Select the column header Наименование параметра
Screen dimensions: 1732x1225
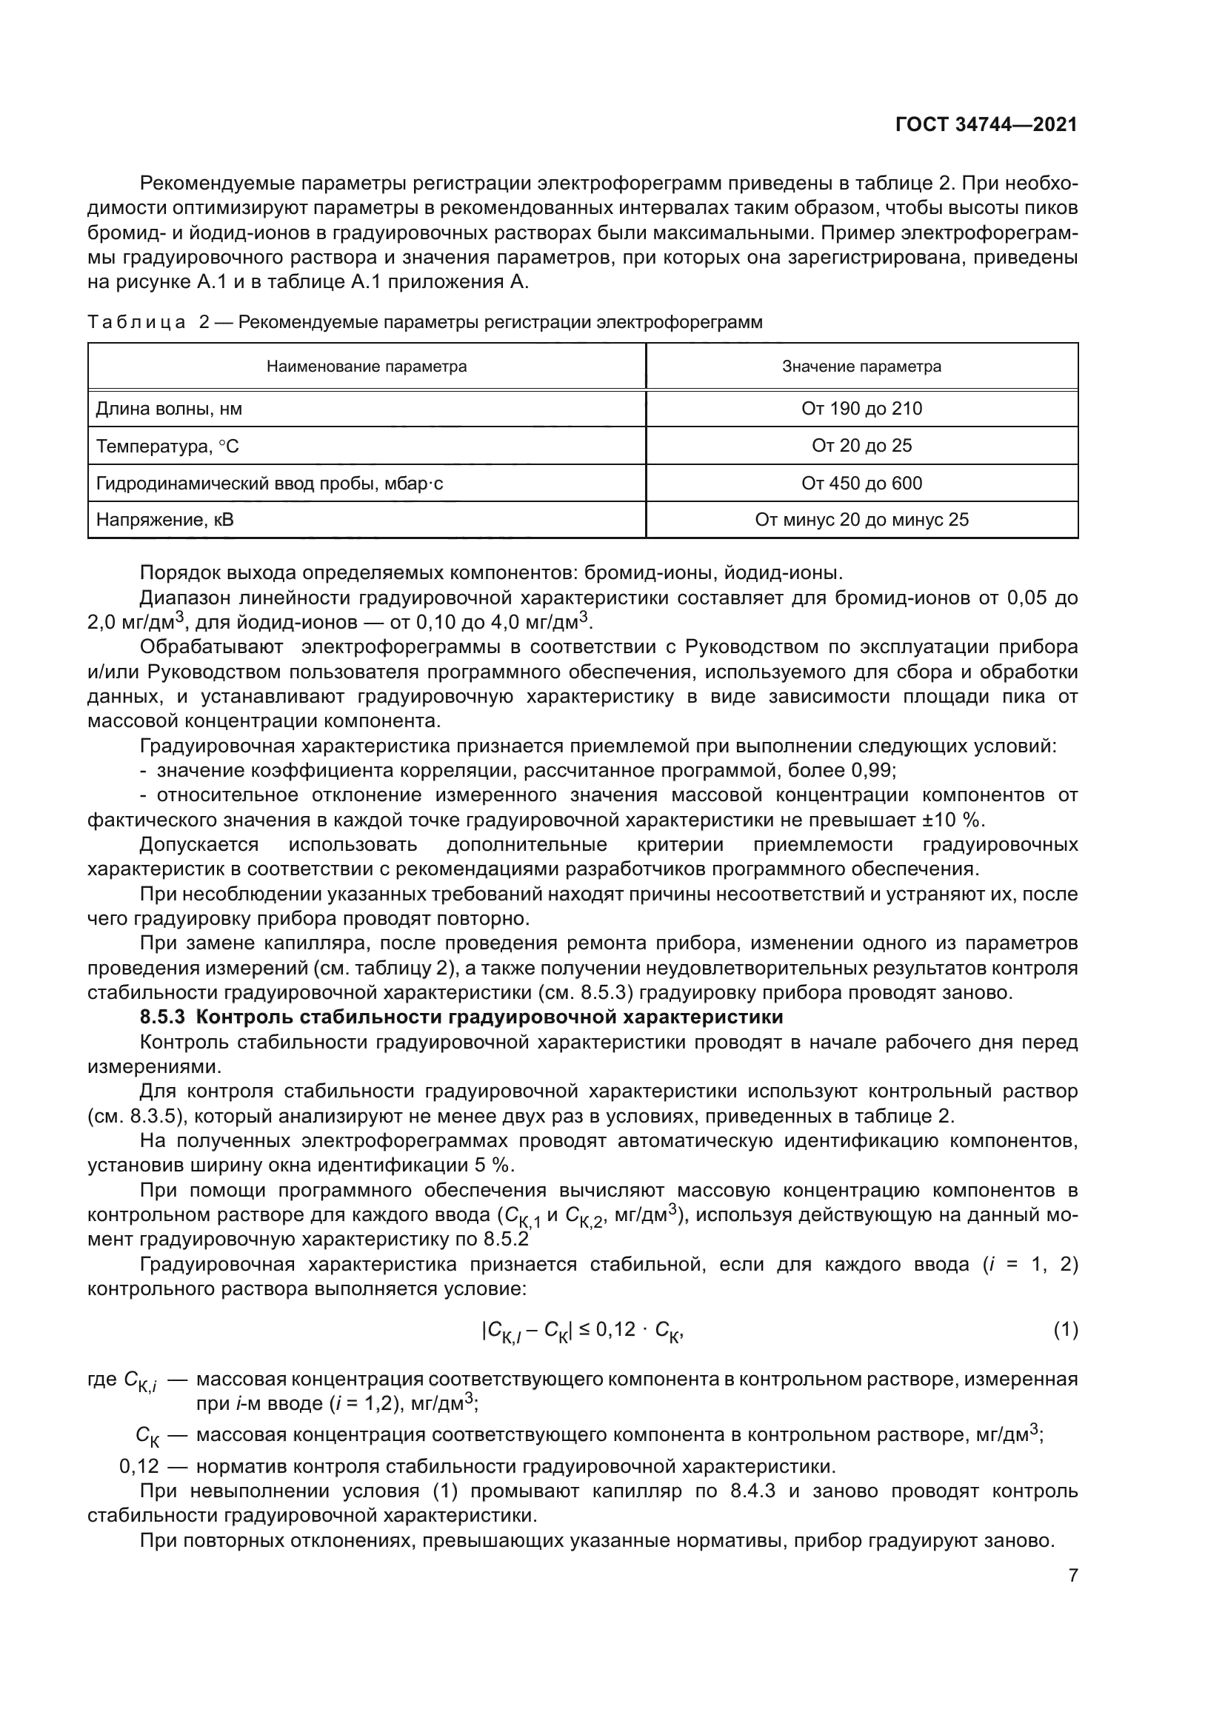367,367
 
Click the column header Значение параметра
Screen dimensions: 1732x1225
861,367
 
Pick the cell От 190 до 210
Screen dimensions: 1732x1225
861,409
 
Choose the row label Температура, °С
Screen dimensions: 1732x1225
167,447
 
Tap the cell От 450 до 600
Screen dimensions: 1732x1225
861,484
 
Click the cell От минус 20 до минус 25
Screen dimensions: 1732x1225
861,520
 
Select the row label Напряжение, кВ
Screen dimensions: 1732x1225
164,520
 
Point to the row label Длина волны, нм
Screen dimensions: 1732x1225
169,409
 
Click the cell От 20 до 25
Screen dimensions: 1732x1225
861,446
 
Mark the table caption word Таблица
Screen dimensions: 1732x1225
136,323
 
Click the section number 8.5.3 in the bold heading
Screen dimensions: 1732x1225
162,1017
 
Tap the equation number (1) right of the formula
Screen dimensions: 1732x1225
1065,1331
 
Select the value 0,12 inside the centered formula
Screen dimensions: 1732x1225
615,1330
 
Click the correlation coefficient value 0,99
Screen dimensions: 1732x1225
872,771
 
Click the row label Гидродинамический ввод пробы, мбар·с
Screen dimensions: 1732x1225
270,484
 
